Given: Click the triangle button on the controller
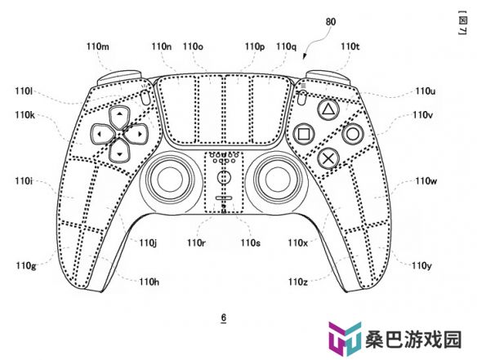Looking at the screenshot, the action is pyautogui.click(x=328, y=109).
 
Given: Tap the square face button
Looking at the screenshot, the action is pyautogui.click(x=304, y=134).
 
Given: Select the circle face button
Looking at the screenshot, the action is pyautogui.click(x=352, y=134).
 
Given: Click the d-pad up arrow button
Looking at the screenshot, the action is pyautogui.click(x=119, y=117).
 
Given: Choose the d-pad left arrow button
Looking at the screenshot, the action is pyautogui.click(x=102, y=134).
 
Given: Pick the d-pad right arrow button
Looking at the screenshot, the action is pyautogui.click(x=137, y=134).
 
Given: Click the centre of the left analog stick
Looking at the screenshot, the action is pyautogui.click(x=169, y=180).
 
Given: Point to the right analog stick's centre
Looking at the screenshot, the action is pyautogui.click(x=279, y=180).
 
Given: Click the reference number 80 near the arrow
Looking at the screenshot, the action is pyautogui.click(x=331, y=22).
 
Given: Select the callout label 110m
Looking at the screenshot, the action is pyautogui.click(x=98, y=47).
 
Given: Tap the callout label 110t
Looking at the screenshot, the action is pyautogui.click(x=350, y=47).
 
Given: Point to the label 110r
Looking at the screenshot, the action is pyautogui.click(x=196, y=243).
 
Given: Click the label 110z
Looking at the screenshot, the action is pyautogui.click(x=298, y=282).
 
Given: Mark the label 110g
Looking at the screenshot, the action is pyautogui.click(x=26, y=266).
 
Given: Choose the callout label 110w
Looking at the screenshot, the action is pyautogui.click(x=426, y=181).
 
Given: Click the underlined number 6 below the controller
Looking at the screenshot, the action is pyautogui.click(x=224, y=318).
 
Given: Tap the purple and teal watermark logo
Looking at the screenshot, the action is pyautogui.click(x=345, y=339).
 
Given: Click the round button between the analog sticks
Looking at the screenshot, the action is pyautogui.click(x=225, y=177).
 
